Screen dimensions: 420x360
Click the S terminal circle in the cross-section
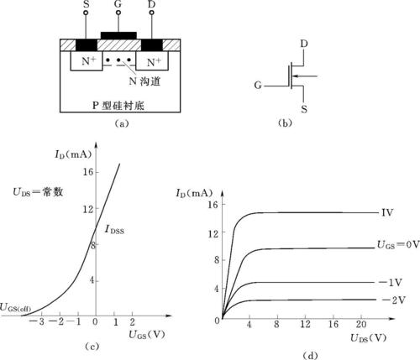tap(86, 13)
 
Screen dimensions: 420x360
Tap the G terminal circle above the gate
tap(118, 13)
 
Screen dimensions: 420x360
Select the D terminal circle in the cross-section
tap(152, 13)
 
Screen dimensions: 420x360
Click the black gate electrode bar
tap(118, 35)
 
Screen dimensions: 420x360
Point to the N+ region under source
tap(87, 60)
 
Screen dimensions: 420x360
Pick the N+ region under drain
tap(152, 60)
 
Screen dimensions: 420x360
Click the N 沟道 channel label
tap(144, 81)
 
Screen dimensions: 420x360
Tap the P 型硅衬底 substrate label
tap(118, 106)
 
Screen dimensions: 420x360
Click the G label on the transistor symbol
tap(258, 85)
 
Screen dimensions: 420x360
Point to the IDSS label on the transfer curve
tap(114, 230)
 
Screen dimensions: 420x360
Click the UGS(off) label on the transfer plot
tap(15, 308)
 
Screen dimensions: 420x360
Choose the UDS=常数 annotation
tap(38, 192)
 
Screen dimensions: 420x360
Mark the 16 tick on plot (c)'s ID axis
tap(87, 172)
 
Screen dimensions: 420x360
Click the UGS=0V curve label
tap(398, 245)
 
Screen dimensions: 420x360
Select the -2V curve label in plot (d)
tap(393, 300)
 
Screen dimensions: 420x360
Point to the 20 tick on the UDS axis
tap(361, 324)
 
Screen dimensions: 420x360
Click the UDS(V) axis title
tap(368, 338)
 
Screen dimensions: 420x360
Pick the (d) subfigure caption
tap(310, 356)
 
